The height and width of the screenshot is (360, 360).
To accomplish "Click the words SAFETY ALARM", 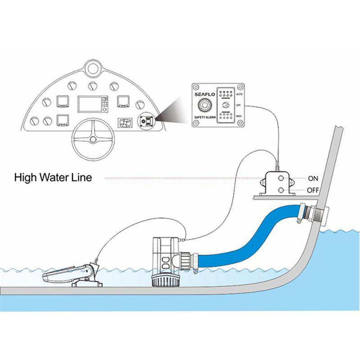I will [x=205, y=118].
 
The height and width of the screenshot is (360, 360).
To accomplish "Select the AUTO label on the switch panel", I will [x=239, y=95].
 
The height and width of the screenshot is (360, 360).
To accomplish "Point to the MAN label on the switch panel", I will [x=239, y=116].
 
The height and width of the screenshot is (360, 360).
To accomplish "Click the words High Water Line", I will [x=53, y=177].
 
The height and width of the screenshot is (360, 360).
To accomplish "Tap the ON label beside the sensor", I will [x=313, y=178].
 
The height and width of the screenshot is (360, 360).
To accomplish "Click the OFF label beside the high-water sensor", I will [x=313, y=190].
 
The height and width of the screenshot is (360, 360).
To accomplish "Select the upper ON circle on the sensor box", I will [x=281, y=179].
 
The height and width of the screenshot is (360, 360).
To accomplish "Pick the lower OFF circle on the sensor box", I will [x=281, y=190].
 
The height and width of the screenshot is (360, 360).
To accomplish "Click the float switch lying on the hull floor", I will [x=67, y=274].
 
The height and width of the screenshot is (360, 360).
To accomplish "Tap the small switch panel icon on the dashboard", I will [x=145, y=121].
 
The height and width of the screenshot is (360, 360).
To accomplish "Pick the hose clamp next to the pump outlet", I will [x=194, y=262].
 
